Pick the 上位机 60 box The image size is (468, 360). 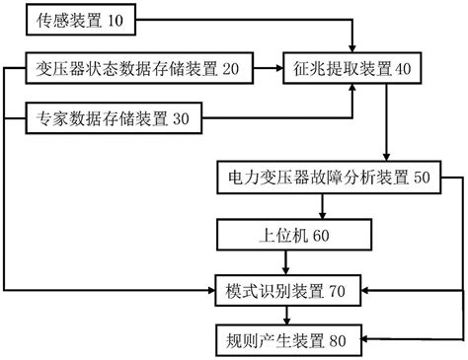tap(286, 236)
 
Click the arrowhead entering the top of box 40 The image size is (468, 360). tap(352, 49)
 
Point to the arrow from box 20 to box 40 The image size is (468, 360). tap(267, 68)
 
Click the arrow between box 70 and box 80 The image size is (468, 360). tap(286, 317)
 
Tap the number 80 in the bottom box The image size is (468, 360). tap(338, 341)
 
